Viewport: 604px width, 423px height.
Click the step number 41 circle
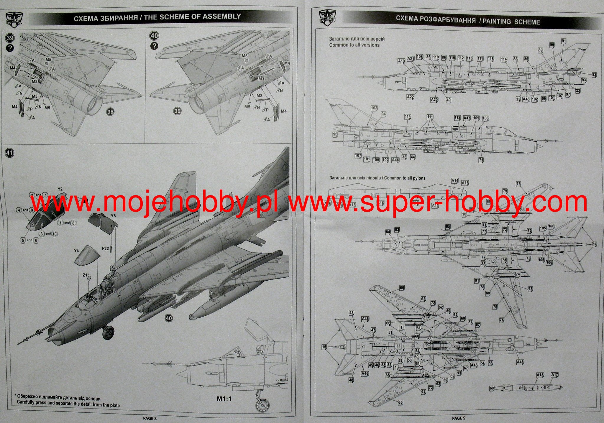pyautogui.click(x=9, y=153)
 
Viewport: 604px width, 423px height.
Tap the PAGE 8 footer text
pyautogui.click(x=150, y=418)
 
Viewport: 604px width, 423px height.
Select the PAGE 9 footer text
pyautogui.click(x=459, y=418)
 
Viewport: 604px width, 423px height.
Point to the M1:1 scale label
pyautogui.click(x=224, y=399)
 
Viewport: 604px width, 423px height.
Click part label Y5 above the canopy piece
pyautogui.click(x=113, y=216)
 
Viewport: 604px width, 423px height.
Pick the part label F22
pyautogui.click(x=105, y=248)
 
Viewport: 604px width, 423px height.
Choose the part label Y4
pyautogui.click(x=76, y=251)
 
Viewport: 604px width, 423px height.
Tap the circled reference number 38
pyautogui.click(x=110, y=111)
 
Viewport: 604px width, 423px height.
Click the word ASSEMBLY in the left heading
pyautogui.click(x=222, y=17)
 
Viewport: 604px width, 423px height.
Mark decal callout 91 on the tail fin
pyautogui.click(x=564, y=41)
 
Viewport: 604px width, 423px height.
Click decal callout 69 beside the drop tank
pyautogui.click(x=492, y=388)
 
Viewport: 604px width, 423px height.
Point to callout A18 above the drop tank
pyautogui.click(x=540, y=375)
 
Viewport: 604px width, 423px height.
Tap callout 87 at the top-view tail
pyautogui.click(x=595, y=244)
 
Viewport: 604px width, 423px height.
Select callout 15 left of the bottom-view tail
pyautogui.click(x=324, y=347)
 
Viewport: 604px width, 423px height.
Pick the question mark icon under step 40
pyautogui.click(x=154, y=46)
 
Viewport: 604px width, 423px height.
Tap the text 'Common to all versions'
pyautogui.click(x=354, y=45)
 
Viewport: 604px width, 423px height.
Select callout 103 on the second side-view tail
pyautogui.click(x=374, y=108)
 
